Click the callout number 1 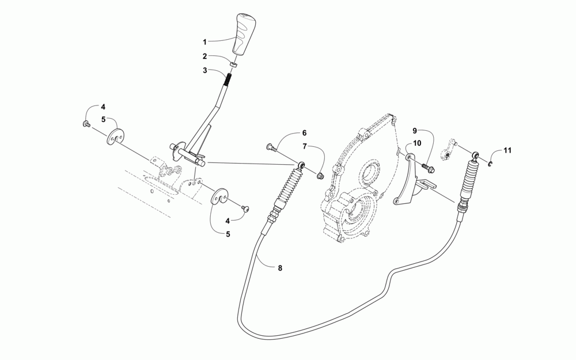[x=204, y=42]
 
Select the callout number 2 [x=204, y=56]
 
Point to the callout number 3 [x=204, y=70]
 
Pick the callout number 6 [x=304, y=133]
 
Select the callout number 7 [x=305, y=146]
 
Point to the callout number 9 [x=414, y=131]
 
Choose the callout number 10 [x=416, y=142]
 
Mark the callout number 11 [x=507, y=151]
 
